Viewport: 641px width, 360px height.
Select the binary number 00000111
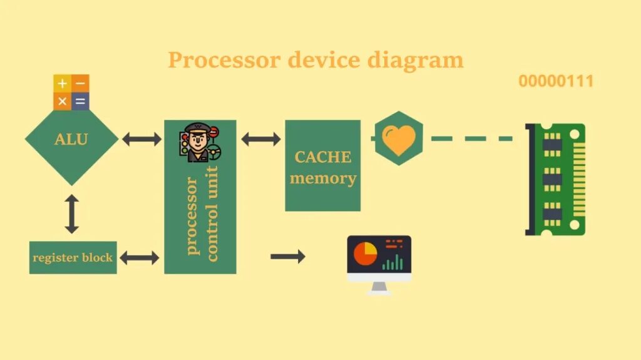556,81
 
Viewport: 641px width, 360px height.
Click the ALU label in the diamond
71,139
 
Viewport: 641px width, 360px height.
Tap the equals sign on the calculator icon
79,101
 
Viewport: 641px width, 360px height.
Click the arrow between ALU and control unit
141,139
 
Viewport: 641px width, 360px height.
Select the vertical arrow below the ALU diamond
71,214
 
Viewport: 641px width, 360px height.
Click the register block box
73,257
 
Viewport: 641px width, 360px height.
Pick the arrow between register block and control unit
139,257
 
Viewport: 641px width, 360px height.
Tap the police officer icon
200,143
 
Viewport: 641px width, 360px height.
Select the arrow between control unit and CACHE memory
260,139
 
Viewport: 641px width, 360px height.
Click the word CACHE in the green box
322,157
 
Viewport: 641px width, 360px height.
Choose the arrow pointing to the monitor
288,256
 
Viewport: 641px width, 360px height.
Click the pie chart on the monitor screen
366,254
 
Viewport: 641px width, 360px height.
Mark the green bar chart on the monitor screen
393,262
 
